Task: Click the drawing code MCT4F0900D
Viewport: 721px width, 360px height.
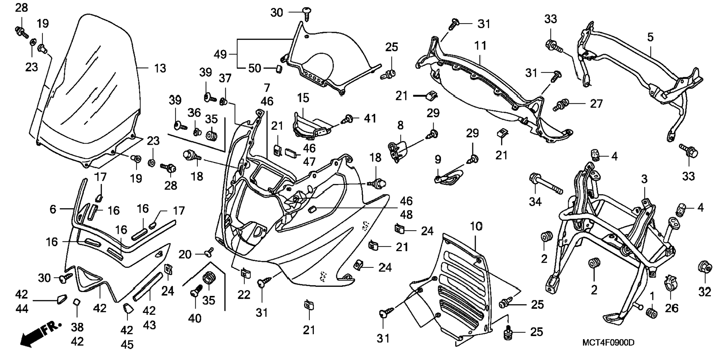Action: (x=608, y=342)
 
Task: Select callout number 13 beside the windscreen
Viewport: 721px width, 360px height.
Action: (x=160, y=68)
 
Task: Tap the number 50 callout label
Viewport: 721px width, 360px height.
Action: (x=255, y=68)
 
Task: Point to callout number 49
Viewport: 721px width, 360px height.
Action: (x=220, y=54)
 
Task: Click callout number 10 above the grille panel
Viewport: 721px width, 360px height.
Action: (x=476, y=226)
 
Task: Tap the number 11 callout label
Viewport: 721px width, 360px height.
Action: (x=481, y=46)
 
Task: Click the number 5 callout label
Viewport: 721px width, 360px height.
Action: (x=650, y=37)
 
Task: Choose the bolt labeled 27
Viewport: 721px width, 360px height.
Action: (x=561, y=105)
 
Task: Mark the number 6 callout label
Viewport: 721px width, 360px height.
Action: (x=53, y=209)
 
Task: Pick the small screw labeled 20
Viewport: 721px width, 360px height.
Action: (x=210, y=252)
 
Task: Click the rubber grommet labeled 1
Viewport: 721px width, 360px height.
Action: (x=651, y=313)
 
